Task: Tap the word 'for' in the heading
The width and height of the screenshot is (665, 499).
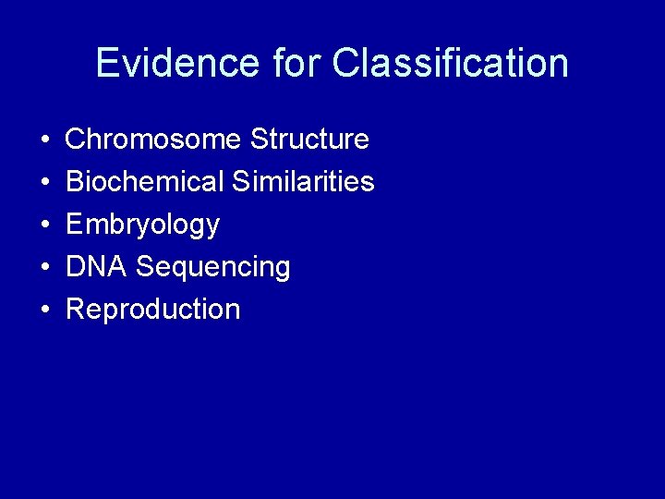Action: pyautogui.click(x=297, y=63)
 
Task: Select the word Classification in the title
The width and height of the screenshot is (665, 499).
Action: pyautogui.click(x=451, y=63)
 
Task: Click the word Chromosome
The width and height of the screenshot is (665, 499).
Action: pyautogui.click(x=153, y=140)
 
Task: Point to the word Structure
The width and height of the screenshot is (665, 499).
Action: pyautogui.click(x=309, y=140)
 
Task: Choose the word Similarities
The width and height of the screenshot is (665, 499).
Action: pyautogui.click(x=303, y=182)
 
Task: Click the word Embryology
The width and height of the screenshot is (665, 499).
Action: pyautogui.click(x=142, y=225)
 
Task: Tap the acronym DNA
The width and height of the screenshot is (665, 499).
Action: pyautogui.click(x=96, y=267)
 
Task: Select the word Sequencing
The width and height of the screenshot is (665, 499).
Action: pyautogui.click(x=213, y=268)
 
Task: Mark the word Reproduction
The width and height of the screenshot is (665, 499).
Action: pyautogui.click(x=153, y=310)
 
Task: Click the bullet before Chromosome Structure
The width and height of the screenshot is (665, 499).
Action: pyautogui.click(x=45, y=140)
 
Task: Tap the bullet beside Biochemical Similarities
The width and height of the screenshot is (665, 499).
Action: pyautogui.click(x=45, y=183)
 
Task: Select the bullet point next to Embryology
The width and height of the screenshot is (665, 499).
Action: pyautogui.click(x=45, y=225)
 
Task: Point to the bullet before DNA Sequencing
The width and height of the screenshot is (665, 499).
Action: pyautogui.click(x=45, y=268)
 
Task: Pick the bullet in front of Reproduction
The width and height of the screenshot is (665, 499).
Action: pyautogui.click(x=45, y=310)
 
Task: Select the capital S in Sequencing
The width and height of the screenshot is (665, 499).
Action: pyautogui.click(x=145, y=267)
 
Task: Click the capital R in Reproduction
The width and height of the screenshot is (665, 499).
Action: pyautogui.click(x=76, y=310)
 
